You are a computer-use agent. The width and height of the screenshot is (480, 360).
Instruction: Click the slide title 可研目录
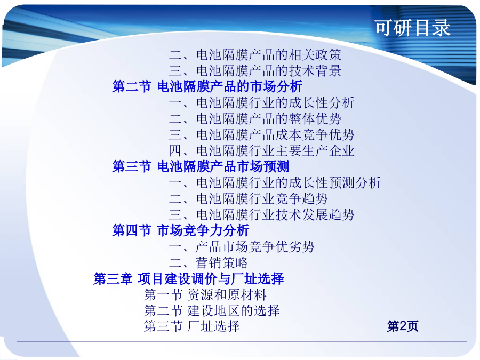point(413,28)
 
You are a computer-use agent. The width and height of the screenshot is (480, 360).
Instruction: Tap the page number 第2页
point(403,326)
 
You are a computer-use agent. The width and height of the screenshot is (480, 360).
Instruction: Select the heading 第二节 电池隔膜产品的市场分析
point(207,86)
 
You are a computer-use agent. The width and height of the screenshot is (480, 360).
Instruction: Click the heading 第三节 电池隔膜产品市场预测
point(201,166)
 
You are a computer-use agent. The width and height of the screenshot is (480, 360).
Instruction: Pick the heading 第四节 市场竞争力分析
point(181,230)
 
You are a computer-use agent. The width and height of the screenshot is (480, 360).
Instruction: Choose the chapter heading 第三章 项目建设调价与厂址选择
point(189,279)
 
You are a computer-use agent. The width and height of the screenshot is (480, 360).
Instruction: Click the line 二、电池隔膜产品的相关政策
point(255,55)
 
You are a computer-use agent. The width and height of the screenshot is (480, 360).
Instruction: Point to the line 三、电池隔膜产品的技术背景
point(255,71)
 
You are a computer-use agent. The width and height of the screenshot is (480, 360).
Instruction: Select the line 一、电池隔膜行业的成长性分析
point(262,103)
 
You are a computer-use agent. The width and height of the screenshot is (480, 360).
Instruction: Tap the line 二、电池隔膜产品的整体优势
point(255,119)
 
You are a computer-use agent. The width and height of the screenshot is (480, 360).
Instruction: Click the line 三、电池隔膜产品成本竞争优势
point(262,135)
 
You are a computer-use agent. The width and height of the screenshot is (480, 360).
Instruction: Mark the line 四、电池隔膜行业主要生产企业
point(262,151)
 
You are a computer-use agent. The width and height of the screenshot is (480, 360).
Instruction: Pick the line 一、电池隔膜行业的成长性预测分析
point(275,183)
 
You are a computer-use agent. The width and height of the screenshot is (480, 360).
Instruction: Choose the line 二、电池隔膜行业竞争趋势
point(249,199)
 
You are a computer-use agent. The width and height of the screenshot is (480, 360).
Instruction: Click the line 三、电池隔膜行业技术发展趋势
point(262,214)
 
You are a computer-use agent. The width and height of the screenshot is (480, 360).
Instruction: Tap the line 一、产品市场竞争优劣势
point(242,247)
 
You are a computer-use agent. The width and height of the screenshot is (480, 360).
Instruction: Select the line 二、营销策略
point(209,262)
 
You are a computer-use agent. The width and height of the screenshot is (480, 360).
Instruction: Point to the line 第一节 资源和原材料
point(205,295)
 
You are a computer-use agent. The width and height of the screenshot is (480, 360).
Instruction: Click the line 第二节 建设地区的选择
point(212,311)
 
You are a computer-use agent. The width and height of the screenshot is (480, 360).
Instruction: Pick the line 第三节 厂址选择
point(192,326)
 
